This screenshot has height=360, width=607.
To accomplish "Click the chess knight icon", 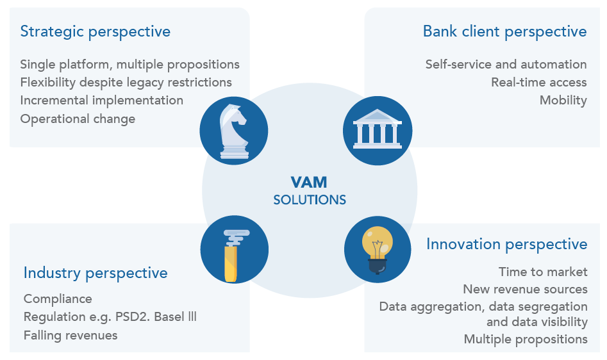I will (x=233, y=131).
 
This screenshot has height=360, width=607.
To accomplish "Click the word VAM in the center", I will (x=310, y=183).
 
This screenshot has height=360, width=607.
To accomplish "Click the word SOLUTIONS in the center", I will (x=310, y=200).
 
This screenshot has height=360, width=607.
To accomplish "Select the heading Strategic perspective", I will (x=96, y=31).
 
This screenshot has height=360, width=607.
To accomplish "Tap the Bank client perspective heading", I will (x=504, y=31).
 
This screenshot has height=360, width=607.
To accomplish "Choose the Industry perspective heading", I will (x=96, y=273).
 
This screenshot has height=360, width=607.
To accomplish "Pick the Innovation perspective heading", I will (x=506, y=244).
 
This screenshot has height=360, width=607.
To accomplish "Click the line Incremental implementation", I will (x=102, y=101).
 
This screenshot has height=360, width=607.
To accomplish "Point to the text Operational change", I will (x=78, y=119).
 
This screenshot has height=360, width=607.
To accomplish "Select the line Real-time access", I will (x=538, y=82).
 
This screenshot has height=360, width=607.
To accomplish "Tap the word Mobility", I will (x=563, y=100).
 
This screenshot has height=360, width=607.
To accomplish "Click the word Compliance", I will (x=58, y=299).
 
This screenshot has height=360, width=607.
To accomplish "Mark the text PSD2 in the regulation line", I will (x=153, y=317).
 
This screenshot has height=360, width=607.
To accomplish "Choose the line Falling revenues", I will (x=71, y=335).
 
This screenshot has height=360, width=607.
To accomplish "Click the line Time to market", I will (x=543, y=272).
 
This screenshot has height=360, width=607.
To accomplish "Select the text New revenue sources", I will (x=525, y=289).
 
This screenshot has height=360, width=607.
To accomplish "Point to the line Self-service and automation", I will (x=506, y=64).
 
